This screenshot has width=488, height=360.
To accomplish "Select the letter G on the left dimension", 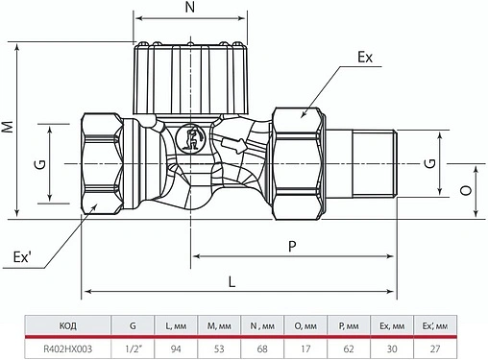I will click(x=38, y=163).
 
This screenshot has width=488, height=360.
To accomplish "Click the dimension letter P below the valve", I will click(x=292, y=246).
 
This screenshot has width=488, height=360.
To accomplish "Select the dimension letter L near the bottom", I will click(x=232, y=279).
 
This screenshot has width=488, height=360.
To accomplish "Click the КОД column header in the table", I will click(x=56, y=325).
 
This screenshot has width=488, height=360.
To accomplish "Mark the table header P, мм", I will click(x=352, y=325).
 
